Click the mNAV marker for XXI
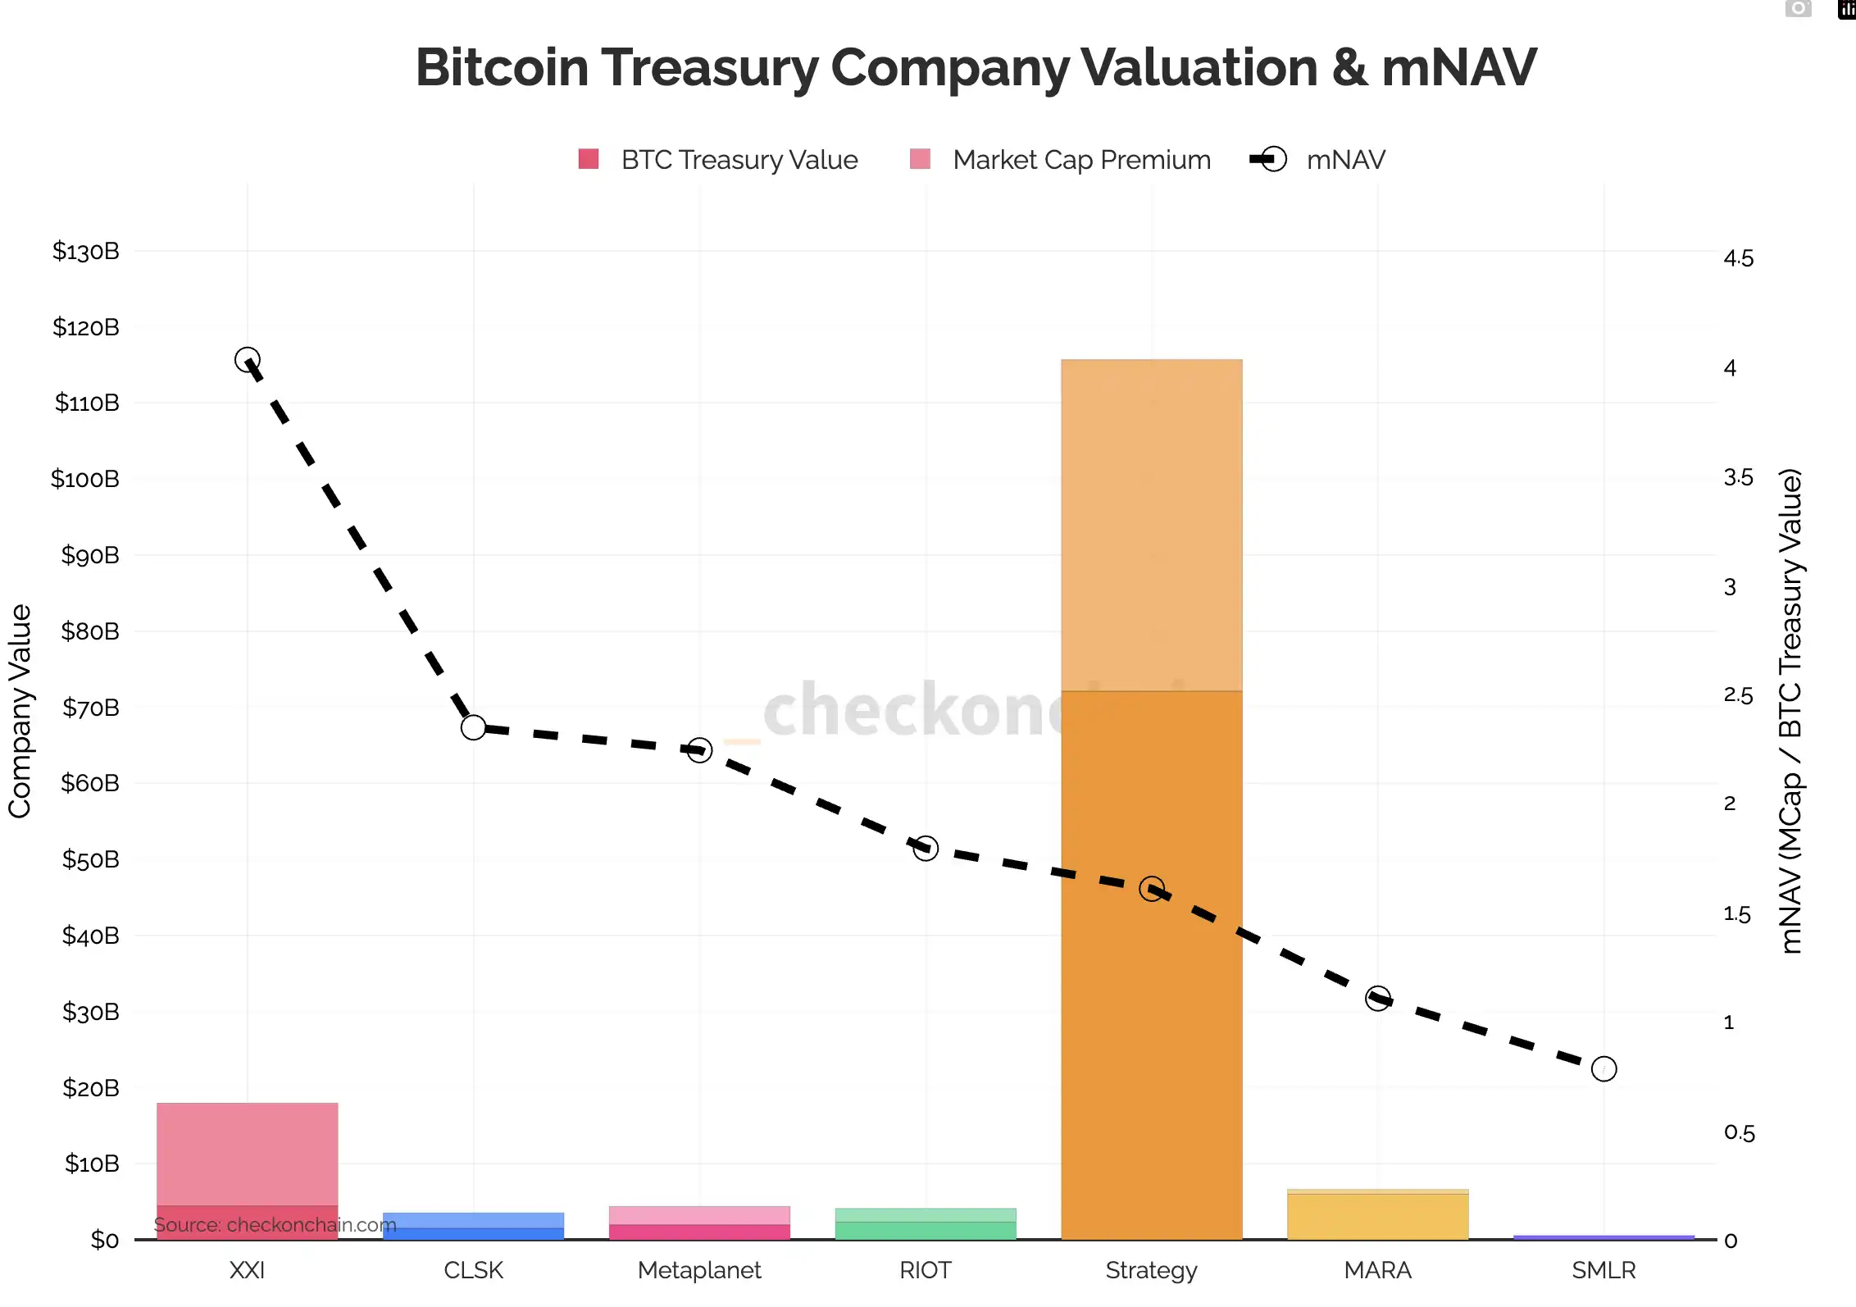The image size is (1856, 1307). (248, 360)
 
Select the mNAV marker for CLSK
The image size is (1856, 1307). (473, 727)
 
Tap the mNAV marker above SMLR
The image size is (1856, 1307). (1604, 1069)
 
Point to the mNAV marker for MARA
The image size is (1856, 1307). (1378, 999)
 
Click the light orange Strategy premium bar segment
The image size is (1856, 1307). (1151, 525)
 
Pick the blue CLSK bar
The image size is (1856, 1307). (473, 1227)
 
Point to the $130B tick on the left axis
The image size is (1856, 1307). (86, 251)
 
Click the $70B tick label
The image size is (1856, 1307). (90, 708)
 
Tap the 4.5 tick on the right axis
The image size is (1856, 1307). (1738, 259)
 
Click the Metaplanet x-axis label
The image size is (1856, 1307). (699, 1270)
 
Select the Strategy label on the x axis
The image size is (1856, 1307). (1151, 1270)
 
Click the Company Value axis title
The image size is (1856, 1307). (20, 711)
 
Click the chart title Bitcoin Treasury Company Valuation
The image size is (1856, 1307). (976, 67)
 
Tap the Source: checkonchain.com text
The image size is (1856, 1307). (275, 1225)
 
